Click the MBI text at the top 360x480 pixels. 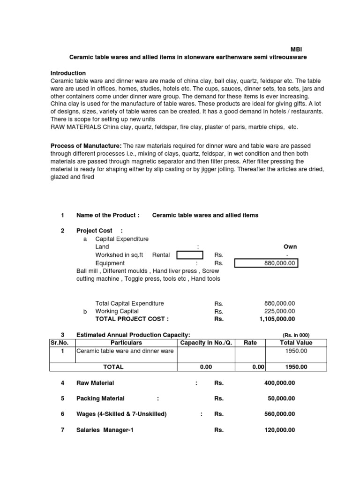pyautogui.click(x=296, y=49)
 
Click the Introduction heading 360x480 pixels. pyautogui.click(x=68, y=73)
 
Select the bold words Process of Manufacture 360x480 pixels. pyautogui.click(x=86, y=146)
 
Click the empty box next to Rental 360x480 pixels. pyautogui.click(x=190, y=255)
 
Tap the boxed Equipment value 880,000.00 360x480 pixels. pyautogui.click(x=266, y=263)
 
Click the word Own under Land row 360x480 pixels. pyautogui.click(x=290, y=247)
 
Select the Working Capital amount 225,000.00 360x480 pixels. pyautogui.click(x=280, y=311)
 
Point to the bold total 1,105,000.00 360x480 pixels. pyautogui.click(x=277, y=319)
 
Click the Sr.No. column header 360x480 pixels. pyautogui.click(x=60, y=343)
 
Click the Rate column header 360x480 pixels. pyautogui.click(x=250, y=343)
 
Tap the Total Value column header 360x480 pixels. pyautogui.click(x=296, y=343)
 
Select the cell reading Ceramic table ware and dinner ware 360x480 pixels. pyautogui.click(x=125, y=351)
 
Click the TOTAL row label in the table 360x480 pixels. pyautogui.click(x=113, y=367)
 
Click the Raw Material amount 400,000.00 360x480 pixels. pyautogui.click(x=280, y=383)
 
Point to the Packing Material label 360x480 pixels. pyautogui.click(x=100, y=399)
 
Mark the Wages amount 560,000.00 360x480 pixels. pyautogui.click(x=280, y=414)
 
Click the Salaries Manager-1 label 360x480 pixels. pyautogui.click(x=105, y=430)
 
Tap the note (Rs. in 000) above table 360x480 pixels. pyautogui.click(x=296, y=335)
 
